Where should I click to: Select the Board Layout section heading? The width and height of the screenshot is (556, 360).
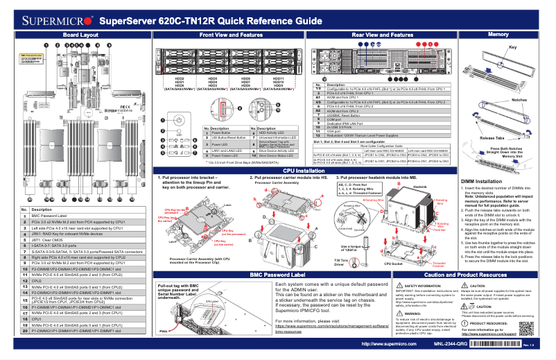(80, 34)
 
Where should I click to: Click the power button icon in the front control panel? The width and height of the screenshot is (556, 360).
(178, 119)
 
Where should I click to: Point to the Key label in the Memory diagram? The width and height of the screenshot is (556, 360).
(514, 47)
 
